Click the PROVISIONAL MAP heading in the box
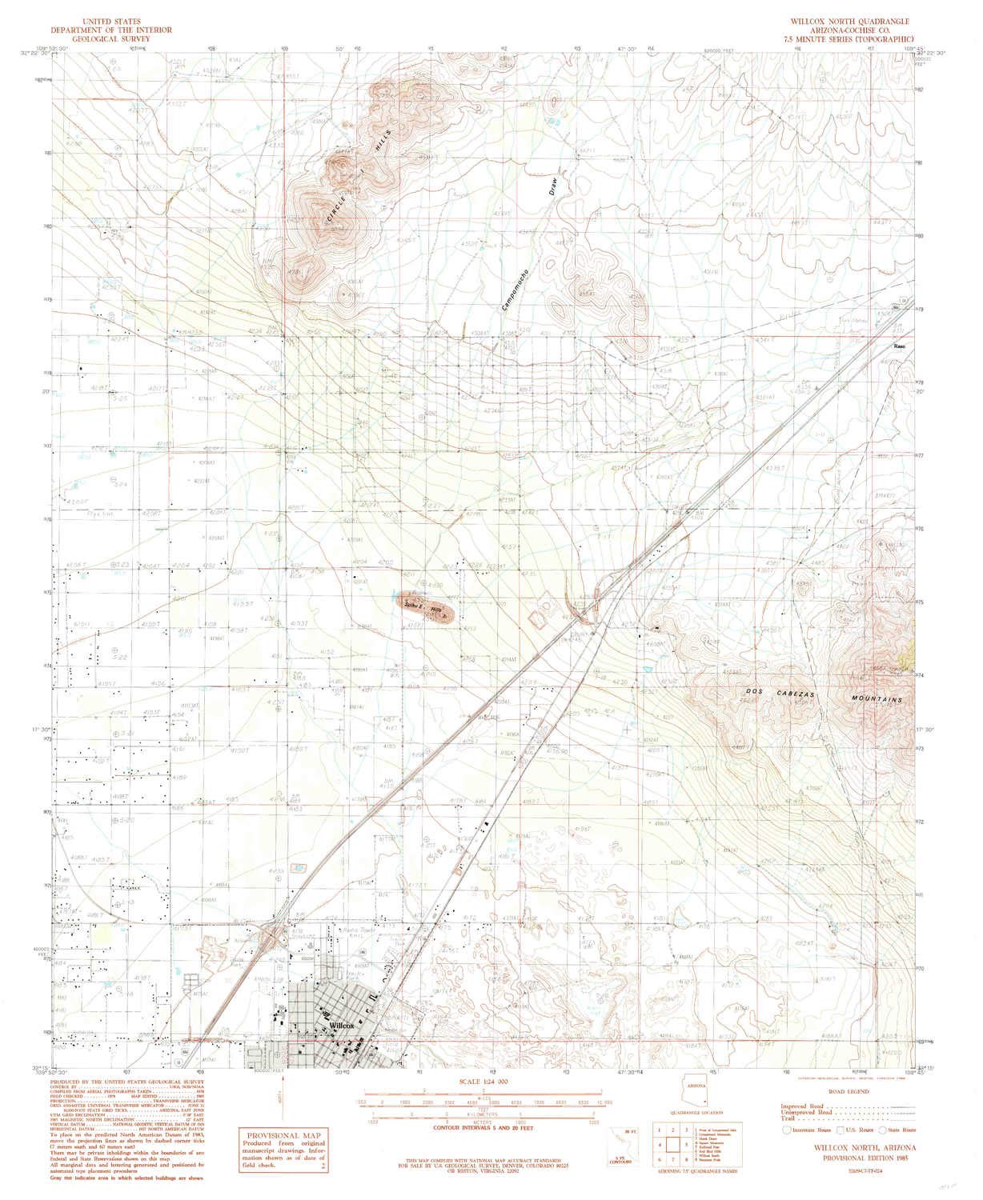[275, 1135]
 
